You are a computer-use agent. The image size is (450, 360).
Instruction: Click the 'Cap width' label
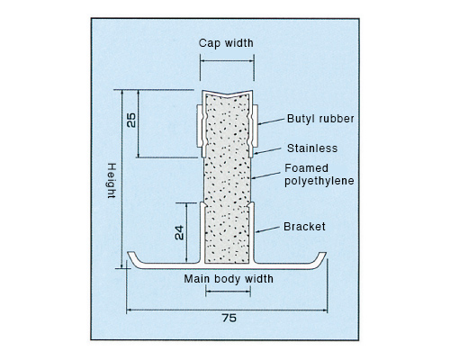coord(226,43)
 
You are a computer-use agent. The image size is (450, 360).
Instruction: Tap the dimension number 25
coord(131,121)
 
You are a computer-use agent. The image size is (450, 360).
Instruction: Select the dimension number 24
coord(179,233)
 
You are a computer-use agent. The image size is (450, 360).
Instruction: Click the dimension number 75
coord(229,318)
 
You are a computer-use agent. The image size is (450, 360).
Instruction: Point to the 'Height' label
coord(112,181)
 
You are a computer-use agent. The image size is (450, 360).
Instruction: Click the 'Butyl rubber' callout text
coord(320,119)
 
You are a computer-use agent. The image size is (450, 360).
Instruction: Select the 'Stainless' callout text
coord(312,148)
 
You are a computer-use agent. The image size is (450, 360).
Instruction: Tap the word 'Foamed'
coord(306,168)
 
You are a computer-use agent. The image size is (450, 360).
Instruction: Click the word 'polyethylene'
coord(319,181)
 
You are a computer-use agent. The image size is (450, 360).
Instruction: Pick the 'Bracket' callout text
coord(304,227)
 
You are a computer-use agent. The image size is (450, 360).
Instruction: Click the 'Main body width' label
coord(229,279)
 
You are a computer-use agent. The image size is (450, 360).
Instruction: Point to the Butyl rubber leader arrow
coord(271,121)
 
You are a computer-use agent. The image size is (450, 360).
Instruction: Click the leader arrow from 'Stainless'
coord(267,151)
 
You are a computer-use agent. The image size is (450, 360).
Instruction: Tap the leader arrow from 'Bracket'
coord(267,229)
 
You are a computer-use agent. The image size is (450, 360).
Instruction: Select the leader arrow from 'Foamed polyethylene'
coord(265,175)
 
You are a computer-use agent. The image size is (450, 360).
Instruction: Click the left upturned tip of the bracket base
coord(130,254)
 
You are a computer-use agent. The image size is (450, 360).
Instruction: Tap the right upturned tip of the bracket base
coord(323,254)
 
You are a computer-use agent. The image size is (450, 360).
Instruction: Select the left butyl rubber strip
coord(199,126)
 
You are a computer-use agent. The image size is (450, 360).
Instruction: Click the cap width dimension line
coord(227,60)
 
